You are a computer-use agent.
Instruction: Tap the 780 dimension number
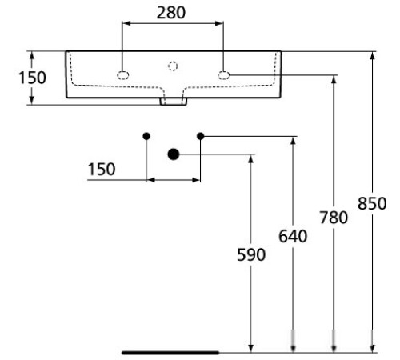click(334, 218)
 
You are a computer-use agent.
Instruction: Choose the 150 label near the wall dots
click(102, 169)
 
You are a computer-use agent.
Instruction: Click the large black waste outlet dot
click(173, 154)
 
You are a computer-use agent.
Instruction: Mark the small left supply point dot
click(146, 136)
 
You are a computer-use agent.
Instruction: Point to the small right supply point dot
click(200, 136)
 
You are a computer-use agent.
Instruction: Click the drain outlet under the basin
click(173, 101)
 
